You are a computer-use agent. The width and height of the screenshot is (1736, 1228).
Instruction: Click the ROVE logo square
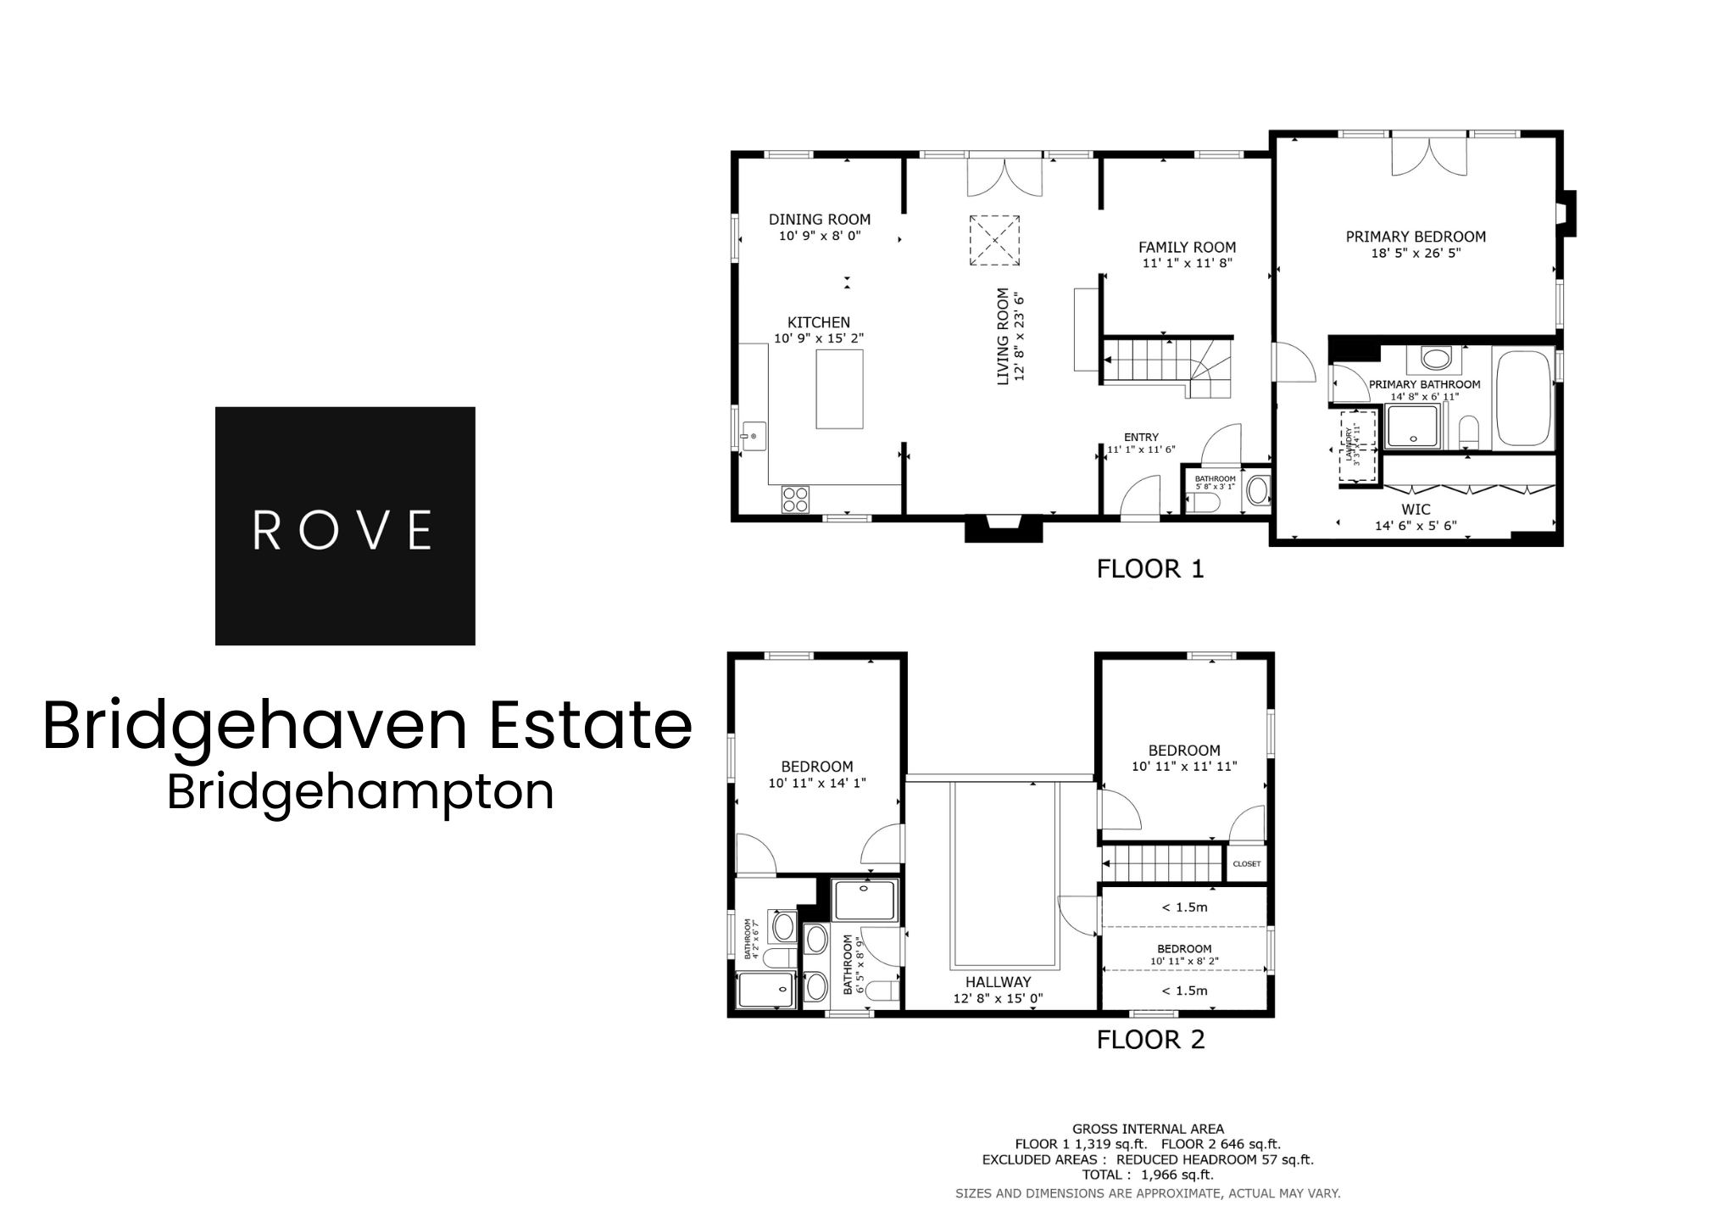345,526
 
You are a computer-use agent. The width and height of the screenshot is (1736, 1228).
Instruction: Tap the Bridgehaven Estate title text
367,726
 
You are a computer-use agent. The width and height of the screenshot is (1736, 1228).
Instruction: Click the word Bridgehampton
360,792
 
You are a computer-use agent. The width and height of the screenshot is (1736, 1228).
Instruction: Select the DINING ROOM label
820,220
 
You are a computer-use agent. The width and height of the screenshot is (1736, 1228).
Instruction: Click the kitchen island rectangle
839,388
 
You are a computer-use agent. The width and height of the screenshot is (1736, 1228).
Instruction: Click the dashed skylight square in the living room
994,240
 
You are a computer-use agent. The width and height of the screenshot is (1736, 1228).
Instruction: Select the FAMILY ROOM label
1187,248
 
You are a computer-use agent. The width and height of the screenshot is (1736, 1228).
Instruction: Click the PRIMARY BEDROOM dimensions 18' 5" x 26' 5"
1416,253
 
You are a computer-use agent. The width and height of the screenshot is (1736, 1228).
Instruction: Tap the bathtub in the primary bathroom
1523,398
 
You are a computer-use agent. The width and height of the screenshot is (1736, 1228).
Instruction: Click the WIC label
1416,510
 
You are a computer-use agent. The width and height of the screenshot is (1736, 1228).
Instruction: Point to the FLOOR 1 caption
1150,569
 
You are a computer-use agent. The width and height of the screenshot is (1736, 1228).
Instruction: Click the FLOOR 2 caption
1150,1040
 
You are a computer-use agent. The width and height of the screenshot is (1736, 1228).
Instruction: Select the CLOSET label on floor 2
1246,864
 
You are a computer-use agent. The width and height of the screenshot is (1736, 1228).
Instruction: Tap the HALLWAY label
998,983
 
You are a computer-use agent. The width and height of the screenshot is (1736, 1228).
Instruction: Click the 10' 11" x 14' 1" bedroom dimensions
817,784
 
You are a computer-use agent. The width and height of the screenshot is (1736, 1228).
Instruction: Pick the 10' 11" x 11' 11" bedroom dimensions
1184,767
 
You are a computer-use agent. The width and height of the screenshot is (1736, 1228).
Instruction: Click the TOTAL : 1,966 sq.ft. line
1148,1175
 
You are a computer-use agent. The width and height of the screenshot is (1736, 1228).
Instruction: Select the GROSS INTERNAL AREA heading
1148,1130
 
